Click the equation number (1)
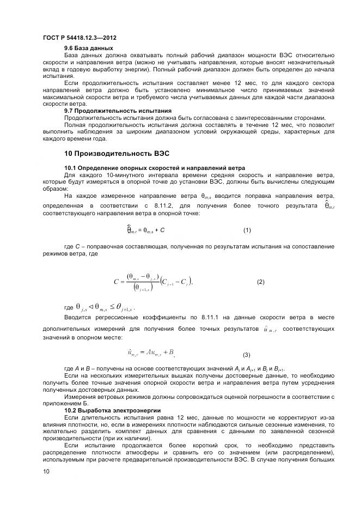tap(247, 230)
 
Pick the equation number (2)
tap(260, 282)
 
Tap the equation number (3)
tap(247, 355)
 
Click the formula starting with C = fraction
tap(153, 282)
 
